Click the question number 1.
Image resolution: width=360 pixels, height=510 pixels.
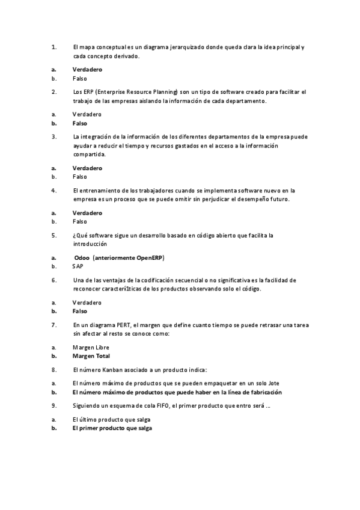click(53, 47)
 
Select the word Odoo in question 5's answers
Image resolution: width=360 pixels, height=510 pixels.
click(82, 257)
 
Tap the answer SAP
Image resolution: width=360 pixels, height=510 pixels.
click(78, 266)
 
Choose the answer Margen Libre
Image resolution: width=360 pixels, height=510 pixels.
click(91, 347)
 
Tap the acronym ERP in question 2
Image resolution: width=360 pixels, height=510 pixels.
click(87, 91)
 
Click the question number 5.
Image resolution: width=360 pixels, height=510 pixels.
click(53, 235)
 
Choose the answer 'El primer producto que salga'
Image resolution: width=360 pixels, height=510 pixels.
click(112, 428)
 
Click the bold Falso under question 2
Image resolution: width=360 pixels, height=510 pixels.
click(80, 123)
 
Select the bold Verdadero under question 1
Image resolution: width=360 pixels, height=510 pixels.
click(87, 69)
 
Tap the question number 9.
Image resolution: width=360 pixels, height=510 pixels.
click(53, 405)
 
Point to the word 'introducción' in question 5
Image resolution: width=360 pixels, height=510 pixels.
click(90, 244)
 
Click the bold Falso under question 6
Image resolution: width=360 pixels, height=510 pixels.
click(80, 311)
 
